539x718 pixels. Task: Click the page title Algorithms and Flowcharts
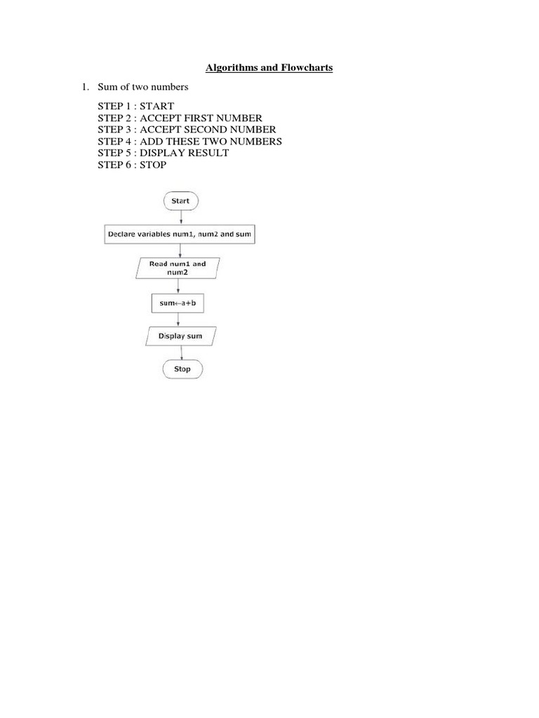(269, 68)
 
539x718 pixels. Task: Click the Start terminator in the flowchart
(180, 201)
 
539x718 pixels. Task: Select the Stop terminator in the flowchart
(182, 369)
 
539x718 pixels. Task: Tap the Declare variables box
(180, 234)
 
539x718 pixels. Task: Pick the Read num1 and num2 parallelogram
(178, 268)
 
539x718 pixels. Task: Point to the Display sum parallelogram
(180, 337)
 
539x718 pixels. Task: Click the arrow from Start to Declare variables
(181, 217)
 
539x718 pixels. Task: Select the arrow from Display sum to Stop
(182, 353)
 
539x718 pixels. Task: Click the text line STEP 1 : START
(135, 106)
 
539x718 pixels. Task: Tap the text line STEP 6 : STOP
(132, 165)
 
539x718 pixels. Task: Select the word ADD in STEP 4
(151, 142)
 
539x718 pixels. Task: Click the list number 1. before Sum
(84, 88)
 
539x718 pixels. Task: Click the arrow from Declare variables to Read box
(181, 250)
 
